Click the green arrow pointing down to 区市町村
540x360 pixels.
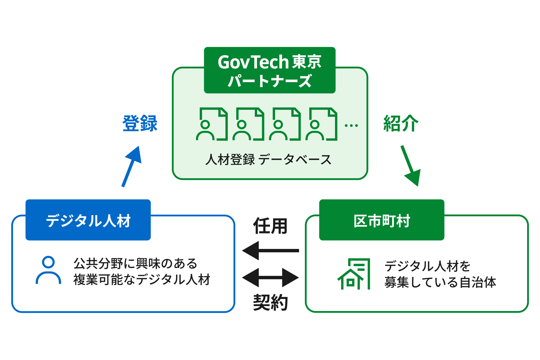(x=411, y=166)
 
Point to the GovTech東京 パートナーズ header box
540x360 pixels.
(x=269, y=70)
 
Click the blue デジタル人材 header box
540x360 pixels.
(x=88, y=220)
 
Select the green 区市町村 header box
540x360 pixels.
(x=382, y=220)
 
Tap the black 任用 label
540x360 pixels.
(x=270, y=226)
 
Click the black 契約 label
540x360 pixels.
(x=270, y=302)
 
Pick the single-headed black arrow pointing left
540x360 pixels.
(x=271, y=250)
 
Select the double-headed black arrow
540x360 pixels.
(x=271, y=278)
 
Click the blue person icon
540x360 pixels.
(x=48, y=270)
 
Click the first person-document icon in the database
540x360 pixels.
(x=211, y=124)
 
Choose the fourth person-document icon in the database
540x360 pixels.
(x=321, y=124)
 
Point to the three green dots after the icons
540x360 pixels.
(x=351, y=125)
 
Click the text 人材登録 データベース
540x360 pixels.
(x=269, y=159)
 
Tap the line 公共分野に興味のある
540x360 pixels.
(x=135, y=264)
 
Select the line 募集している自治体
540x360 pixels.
(x=440, y=282)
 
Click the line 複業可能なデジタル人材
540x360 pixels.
(x=142, y=280)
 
